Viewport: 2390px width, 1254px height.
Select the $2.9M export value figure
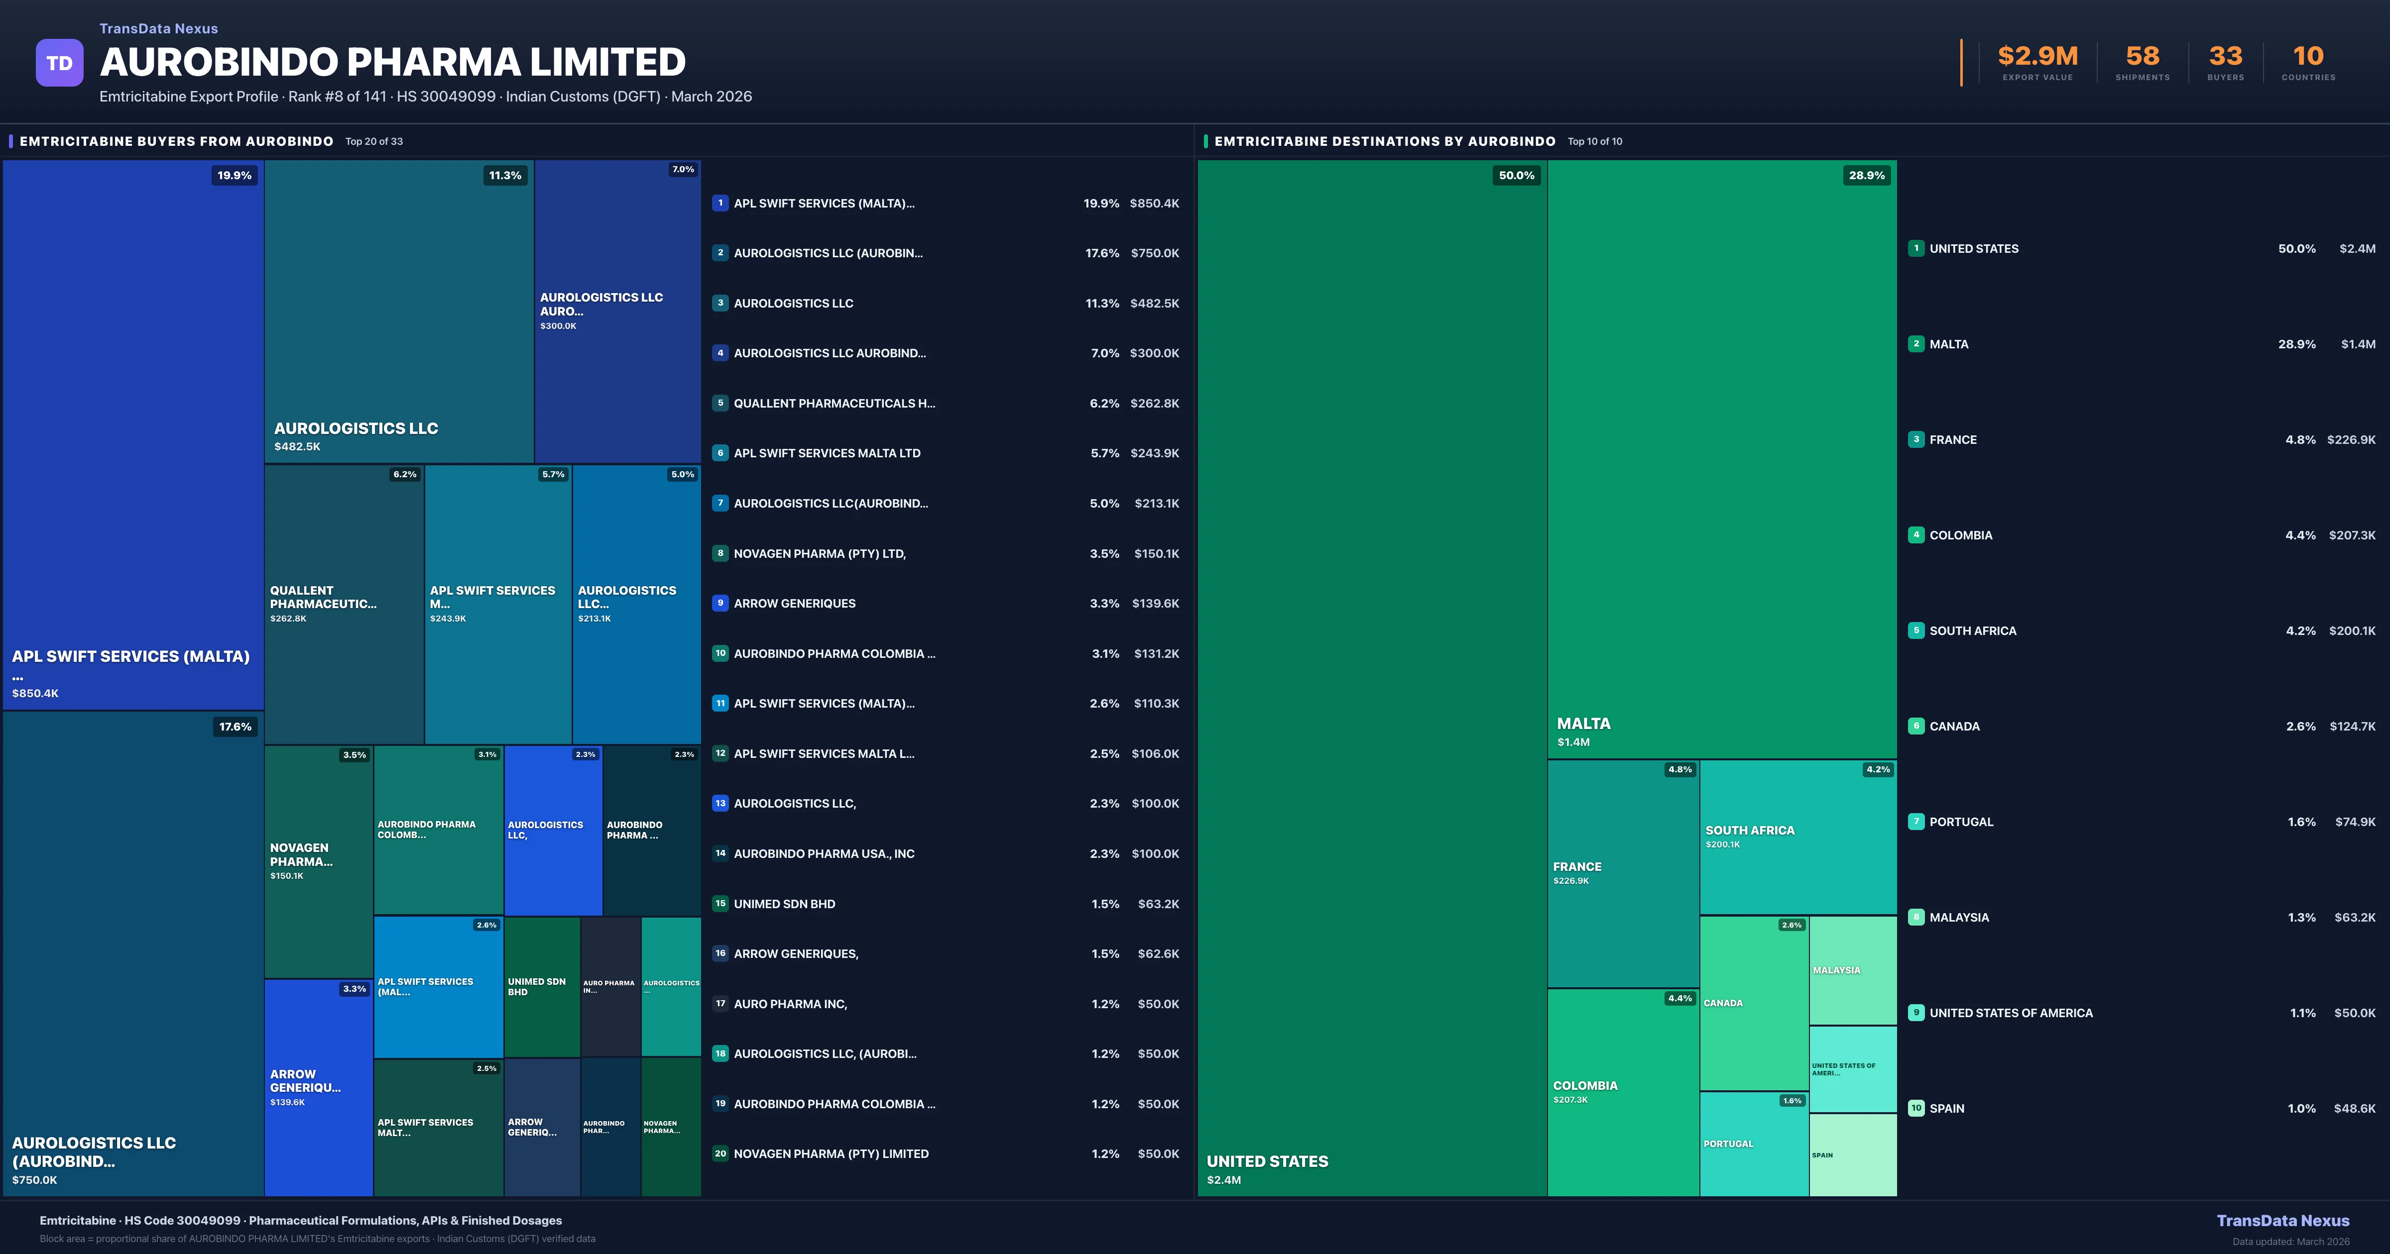click(x=2037, y=57)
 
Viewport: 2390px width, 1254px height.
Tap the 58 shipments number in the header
click(x=2142, y=57)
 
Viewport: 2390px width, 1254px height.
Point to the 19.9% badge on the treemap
click(x=234, y=175)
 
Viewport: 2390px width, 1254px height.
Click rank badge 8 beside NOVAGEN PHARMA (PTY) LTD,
click(x=720, y=554)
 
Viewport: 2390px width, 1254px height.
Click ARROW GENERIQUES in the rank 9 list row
click(x=794, y=604)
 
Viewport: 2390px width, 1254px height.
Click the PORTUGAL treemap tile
click(x=1754, y=1144)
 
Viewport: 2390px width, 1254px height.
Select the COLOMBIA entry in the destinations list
click(x=1960, y=535)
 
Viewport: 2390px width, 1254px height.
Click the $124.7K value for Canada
click(x=2352, y=726)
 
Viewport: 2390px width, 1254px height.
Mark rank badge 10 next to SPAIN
click(x=1916, y=1108)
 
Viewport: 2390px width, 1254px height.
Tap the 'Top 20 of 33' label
click(x=374, y=142)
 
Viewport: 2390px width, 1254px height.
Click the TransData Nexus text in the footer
click(x=2282, y=1221)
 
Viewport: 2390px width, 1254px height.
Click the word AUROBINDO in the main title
click(x=219, y=62)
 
